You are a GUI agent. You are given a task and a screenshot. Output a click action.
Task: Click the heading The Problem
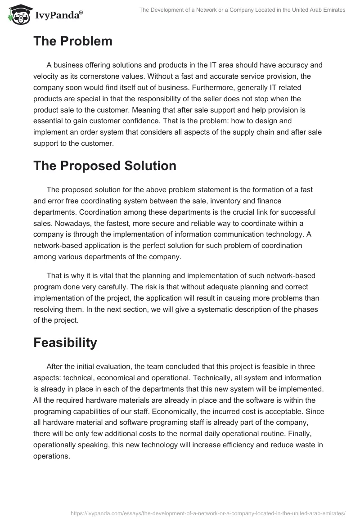(73, 41)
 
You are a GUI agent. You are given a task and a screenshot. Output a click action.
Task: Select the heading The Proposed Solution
(105, 166)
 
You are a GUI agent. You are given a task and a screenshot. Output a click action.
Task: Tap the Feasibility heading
(65, 342)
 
